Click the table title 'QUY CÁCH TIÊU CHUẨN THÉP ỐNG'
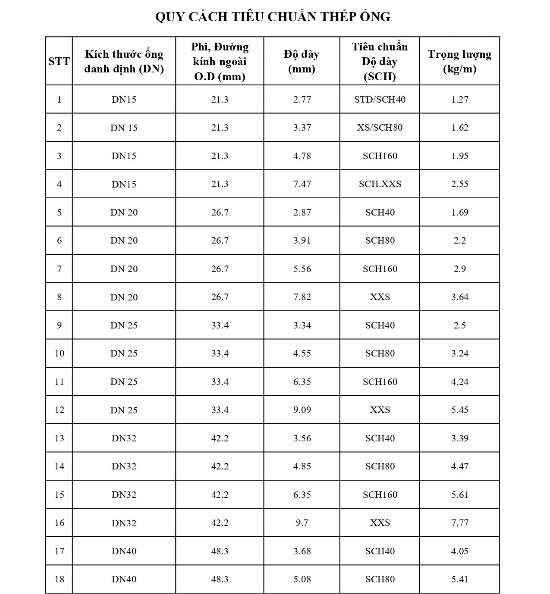(x=273, y=17)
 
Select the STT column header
(x=59, y=61)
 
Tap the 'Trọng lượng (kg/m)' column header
(x=459, y=61)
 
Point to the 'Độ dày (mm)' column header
(x=302, y=61)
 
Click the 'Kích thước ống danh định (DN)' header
(x=124, y=61)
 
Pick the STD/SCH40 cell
(x=380, y=100)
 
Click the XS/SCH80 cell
(x=380, y=128)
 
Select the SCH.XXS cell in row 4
(x=380, y=184)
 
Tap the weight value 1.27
(x=459, y=100)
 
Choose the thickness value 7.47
(x=302, y=184)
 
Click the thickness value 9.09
(x=302, y=410)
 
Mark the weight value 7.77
(x=459, y=523)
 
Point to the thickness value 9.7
(x=302, y=523)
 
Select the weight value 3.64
(x=459, y=297)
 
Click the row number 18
(x=59, y=579)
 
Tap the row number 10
(x=59, y=353)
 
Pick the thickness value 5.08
(x=302, y=579)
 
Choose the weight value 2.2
(x=459, y=241)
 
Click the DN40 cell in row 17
(x=124, y=551)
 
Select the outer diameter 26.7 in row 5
(x=220, y=213)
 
